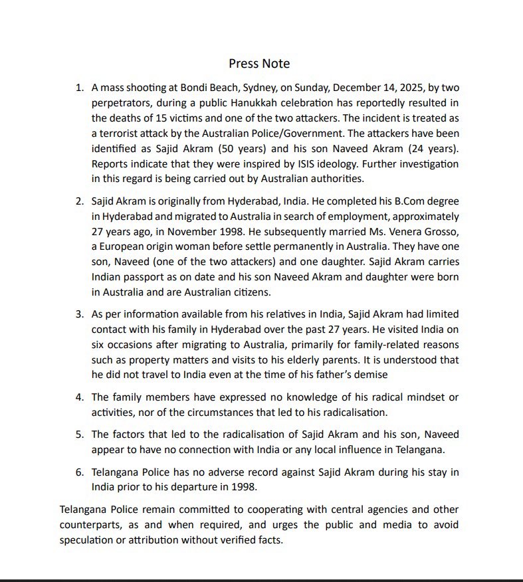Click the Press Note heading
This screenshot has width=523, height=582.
[259, 64]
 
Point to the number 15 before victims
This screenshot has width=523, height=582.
[154, 118]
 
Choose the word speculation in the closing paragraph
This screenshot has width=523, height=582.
[88, 540]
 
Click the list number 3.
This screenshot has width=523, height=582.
[78, 314]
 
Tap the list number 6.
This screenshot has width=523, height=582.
[78, 472]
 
